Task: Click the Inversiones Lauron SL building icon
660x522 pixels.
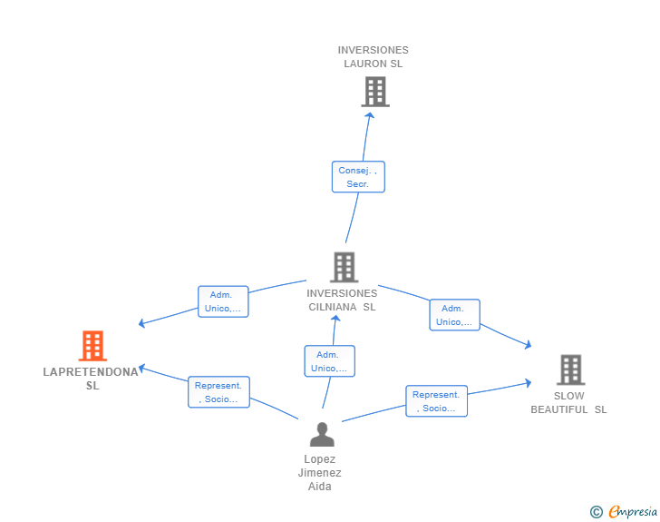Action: click(374, 92)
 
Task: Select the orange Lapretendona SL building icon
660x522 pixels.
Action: click(92, 346)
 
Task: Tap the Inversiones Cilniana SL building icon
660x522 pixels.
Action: click(344, 267)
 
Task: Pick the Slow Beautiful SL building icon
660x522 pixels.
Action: click(570, 369)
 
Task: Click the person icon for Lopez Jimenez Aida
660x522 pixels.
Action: click(321, 435)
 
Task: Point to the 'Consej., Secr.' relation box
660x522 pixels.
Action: click(358, 177)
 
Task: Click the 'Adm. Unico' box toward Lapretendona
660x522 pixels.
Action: click(223, 301)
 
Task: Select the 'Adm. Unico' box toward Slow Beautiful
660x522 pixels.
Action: click(454, 315)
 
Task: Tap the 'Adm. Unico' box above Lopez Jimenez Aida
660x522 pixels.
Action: click(329, 361)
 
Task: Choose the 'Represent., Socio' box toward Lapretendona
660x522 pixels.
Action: click(218, 392)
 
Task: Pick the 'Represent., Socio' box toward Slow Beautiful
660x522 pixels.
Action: click(437, 401)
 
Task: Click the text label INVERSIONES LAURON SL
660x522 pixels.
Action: click(374, 57)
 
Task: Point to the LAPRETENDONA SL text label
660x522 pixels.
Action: click(92, 379)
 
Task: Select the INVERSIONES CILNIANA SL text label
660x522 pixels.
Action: click(342, 300)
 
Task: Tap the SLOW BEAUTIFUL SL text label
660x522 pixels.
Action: click(569, 402)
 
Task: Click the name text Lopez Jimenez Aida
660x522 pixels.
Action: click(319, 473)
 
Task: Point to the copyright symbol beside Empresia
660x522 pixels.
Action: click(596, 512)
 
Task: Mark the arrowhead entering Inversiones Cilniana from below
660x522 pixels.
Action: click(335, 319)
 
